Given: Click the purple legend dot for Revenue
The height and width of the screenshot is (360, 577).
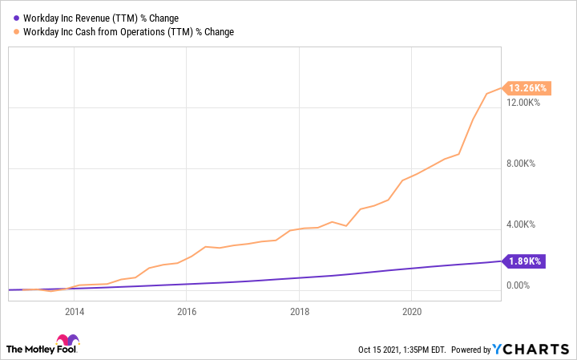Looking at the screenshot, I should point(17,18).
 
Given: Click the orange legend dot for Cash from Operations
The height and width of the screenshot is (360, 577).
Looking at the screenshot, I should point(17,31).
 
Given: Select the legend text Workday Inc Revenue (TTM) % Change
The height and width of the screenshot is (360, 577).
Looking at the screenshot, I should point(102,18).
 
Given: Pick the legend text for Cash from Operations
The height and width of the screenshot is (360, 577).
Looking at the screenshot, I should point(129,31).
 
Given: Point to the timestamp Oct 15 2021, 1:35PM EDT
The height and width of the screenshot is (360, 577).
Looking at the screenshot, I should point(401,350).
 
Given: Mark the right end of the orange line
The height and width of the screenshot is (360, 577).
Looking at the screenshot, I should point(501,88).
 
